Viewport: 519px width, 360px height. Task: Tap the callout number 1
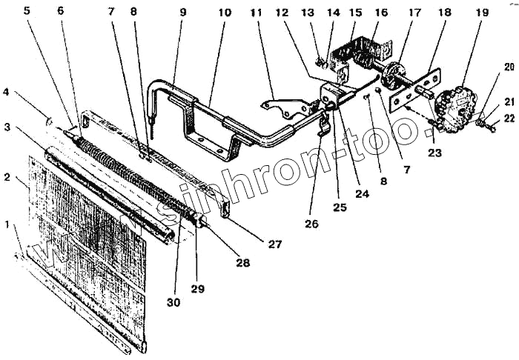[7, 224]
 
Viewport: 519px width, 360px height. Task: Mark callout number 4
[6, 93]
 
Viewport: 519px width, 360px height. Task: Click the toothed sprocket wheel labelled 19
[454, 108]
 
